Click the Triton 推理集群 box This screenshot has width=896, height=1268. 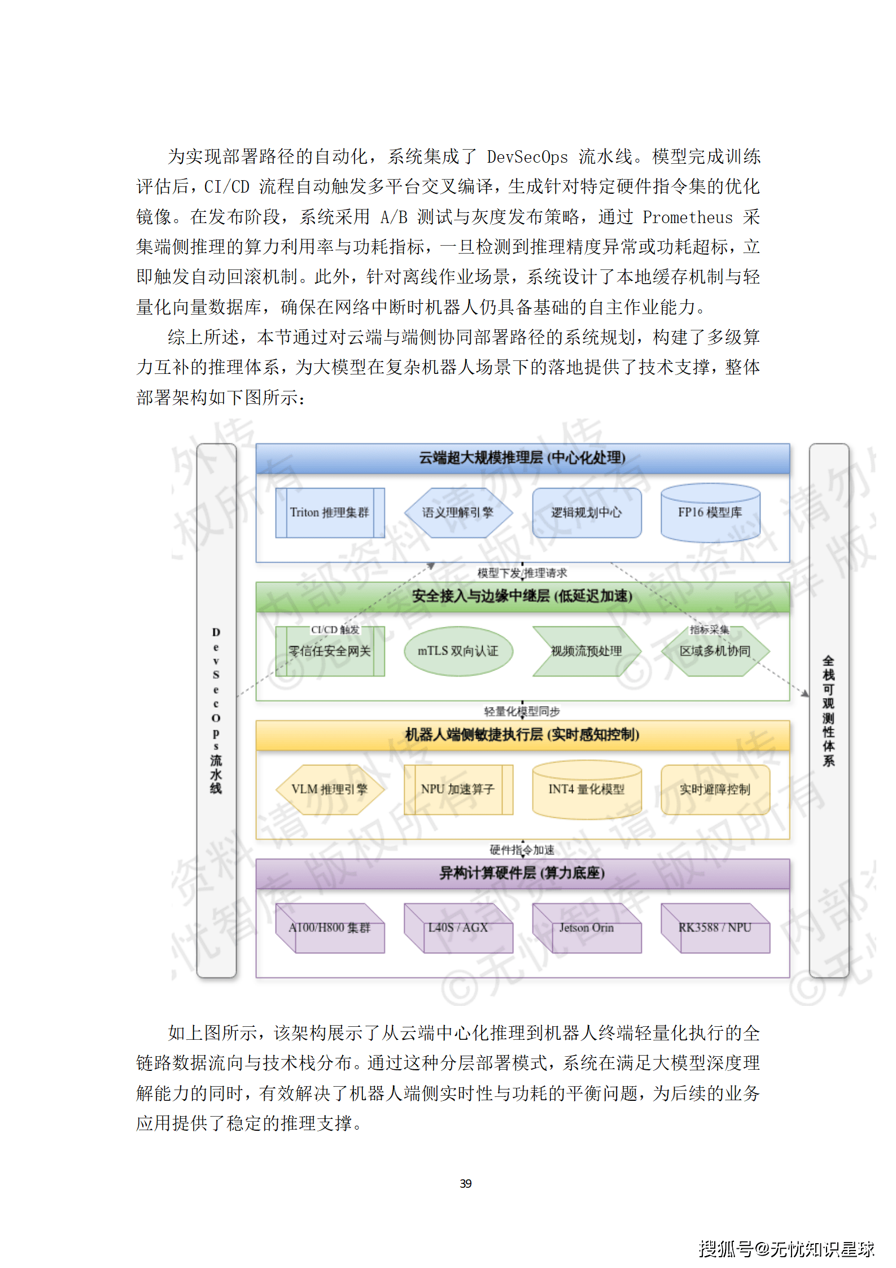(x=330, y=512)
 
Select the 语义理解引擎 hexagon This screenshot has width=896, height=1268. (x=458, y=512)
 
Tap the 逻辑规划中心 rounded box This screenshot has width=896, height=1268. (x=586, y=512)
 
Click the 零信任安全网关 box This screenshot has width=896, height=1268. (x=330, y=651)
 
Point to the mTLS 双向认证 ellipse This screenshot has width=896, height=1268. (x=458, y=651)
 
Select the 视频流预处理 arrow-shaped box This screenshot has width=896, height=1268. (x=586, y=651)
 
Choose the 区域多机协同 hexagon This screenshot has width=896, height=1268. (x=715, y=651)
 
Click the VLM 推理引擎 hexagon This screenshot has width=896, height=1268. (x=330, y=789)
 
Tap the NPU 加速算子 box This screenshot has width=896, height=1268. (x=458, y=789)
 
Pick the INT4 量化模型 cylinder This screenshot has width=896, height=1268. (x=586, y=789)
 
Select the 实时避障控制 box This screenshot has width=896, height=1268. (x=715, y=789)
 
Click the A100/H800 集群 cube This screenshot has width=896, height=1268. (x=330, y=928)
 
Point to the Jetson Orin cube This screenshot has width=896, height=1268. (x=586, y=928)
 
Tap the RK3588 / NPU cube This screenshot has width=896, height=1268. (x=715, y=928)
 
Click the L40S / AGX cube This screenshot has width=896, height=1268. (x=458, y=928)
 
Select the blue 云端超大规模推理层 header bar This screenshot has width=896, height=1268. (x=522, y=457)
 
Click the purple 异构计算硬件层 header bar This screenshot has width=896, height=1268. (x=522, y=873)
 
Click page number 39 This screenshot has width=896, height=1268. (x=466, y=1183)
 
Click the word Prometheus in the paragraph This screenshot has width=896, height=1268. (x=687, y=217)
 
